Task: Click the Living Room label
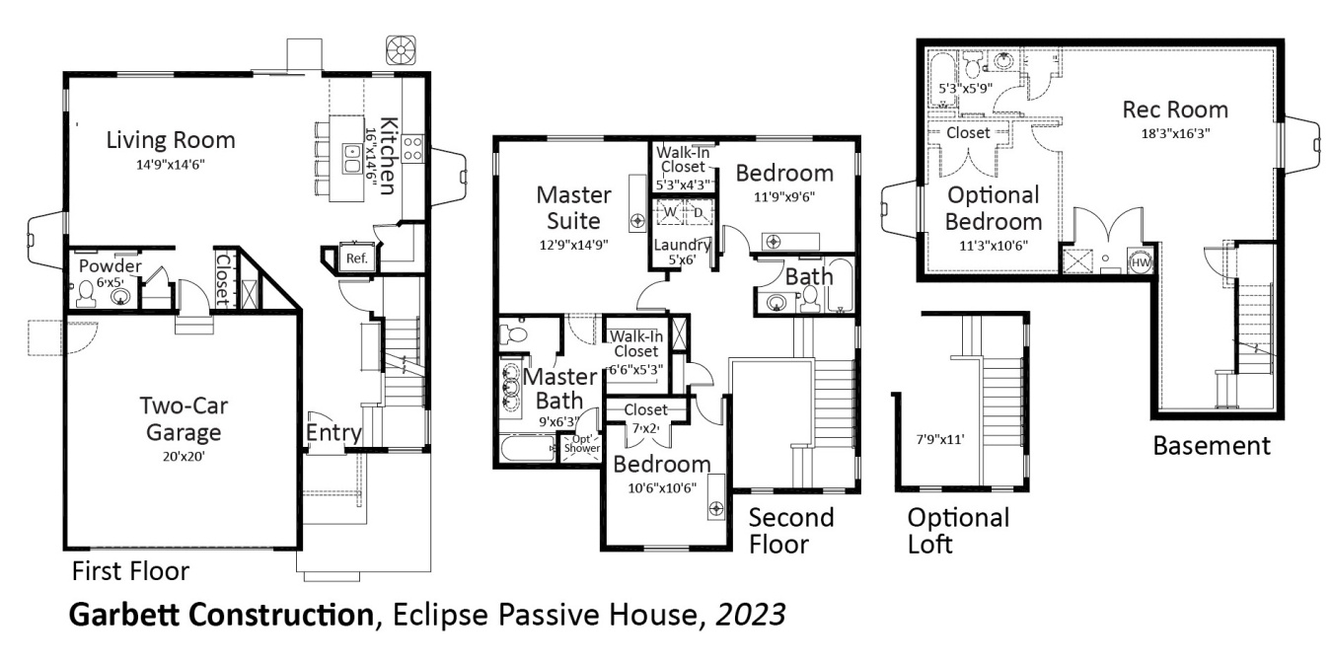171,139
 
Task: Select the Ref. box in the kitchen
355,258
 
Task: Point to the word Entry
333,433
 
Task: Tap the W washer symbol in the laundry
670,212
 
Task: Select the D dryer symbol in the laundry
698,212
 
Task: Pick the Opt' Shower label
581,443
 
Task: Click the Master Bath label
559,389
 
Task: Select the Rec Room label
1175,109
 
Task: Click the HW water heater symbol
1141,262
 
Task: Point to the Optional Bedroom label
994,208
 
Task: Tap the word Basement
1212,446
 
